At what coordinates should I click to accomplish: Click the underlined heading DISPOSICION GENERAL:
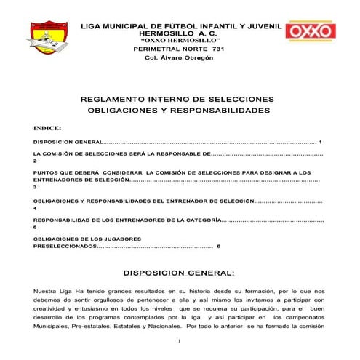pos(179,273)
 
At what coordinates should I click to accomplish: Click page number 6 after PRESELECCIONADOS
pos(219,247)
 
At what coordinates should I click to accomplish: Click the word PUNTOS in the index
pos(44,172)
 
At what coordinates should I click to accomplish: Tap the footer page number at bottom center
pos(179,340)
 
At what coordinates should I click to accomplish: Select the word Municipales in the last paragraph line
pos(55,327)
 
